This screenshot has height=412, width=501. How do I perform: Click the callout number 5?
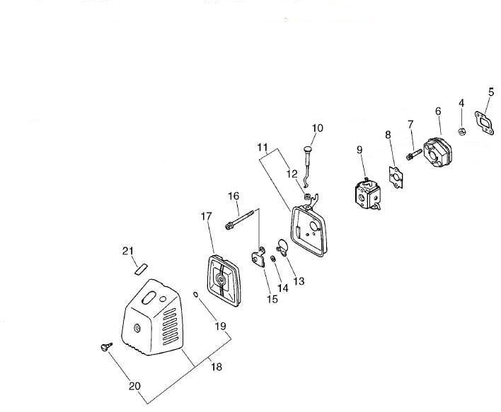pos(491,92)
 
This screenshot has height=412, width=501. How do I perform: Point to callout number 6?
pos(439,112)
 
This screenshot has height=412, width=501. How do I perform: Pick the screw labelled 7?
pos(413,151)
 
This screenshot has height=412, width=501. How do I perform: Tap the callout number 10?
pos(317,128)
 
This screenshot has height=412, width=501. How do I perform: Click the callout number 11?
pos(263,148)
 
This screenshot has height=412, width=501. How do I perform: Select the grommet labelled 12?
pos(308,195)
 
